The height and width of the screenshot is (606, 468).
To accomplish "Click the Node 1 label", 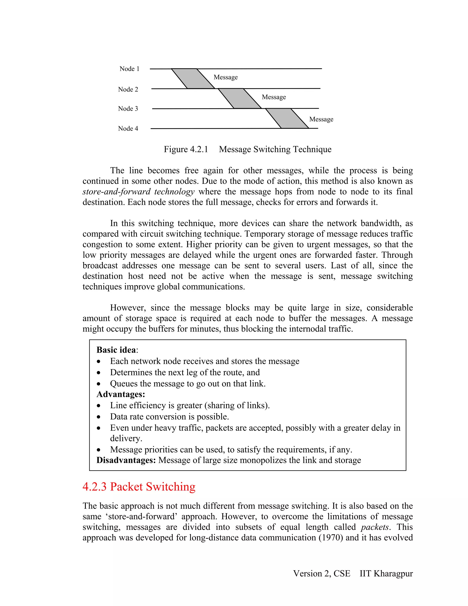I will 129,69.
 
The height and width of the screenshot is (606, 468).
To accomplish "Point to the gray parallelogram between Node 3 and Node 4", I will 287,118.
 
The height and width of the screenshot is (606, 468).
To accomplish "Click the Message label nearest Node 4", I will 321,119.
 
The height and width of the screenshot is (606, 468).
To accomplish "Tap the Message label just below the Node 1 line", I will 225,77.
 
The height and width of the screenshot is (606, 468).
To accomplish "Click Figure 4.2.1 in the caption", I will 186,149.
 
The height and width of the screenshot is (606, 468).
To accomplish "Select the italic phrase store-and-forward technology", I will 138,191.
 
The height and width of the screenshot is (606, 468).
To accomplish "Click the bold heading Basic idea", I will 116,350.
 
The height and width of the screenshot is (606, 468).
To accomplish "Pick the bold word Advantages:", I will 121,394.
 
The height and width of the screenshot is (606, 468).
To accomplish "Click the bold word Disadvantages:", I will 126,460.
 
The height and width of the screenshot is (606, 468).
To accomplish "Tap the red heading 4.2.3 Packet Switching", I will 139,487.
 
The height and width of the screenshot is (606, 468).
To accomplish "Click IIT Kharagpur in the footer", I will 386,574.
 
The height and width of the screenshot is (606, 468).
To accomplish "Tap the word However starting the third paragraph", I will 128,308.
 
